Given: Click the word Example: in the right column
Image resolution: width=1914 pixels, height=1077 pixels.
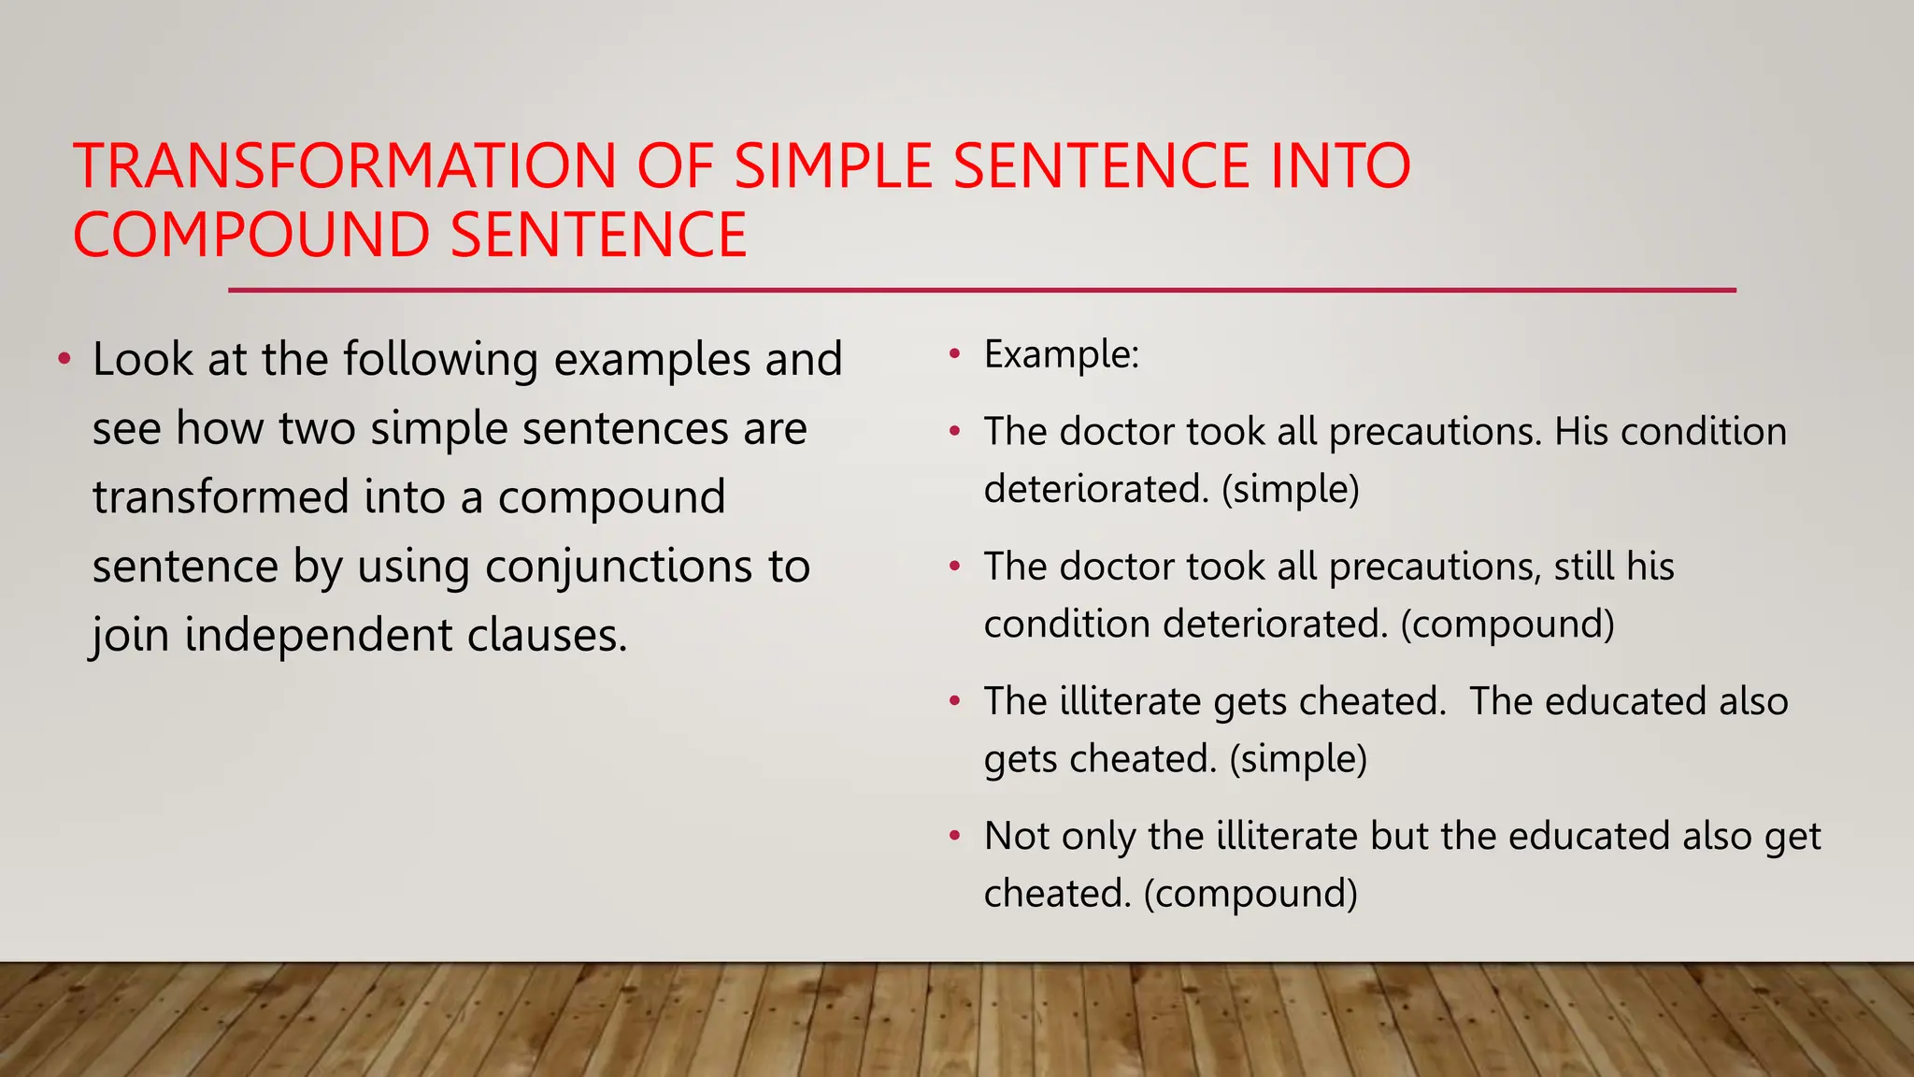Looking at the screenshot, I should (1062, 355).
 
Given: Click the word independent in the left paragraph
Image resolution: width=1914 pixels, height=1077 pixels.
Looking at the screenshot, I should (318, 636).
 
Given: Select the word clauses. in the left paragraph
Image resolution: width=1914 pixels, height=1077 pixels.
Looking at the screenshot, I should (547, 636).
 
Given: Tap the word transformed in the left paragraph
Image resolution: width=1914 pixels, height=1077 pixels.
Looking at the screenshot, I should (221, 497).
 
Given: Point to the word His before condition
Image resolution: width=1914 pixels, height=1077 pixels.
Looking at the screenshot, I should (1580, 432).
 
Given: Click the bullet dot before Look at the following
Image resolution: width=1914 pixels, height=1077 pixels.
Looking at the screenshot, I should (64, 360).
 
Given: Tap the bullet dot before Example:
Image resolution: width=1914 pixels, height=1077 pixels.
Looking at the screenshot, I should (954, 355).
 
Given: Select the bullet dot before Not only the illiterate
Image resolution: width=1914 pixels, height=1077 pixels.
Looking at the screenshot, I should (954, 836).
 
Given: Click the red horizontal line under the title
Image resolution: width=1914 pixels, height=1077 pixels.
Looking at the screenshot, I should (981, 291).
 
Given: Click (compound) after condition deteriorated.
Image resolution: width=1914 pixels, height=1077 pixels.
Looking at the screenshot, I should (1507, 625).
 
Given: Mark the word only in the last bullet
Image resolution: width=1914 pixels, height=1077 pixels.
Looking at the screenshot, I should (1098, 836).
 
